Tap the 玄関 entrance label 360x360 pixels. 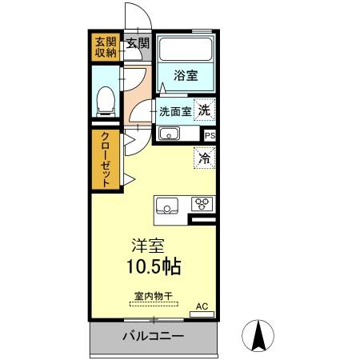coord(138,43)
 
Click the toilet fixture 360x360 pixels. coord(103,99)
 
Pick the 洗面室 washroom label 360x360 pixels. coord(174,112)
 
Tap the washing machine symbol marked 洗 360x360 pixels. coord(206,110)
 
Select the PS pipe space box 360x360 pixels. coord(210,136)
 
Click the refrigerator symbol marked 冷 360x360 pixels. coord(205,158)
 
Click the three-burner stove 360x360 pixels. coord(201,204)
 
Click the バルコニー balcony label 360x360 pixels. coord(153,335)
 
